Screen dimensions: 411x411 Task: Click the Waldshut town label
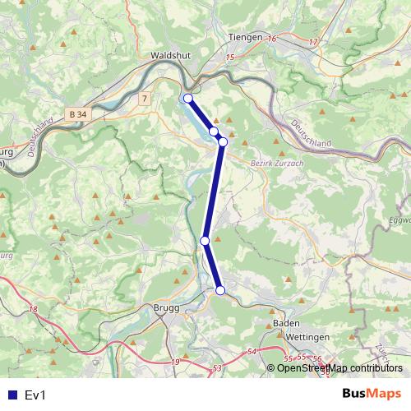[171, 56]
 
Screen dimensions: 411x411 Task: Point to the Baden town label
[286, 324]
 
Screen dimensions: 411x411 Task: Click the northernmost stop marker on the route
[187, 99]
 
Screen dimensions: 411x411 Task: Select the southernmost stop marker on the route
[220, 289]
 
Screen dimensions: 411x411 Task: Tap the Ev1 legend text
[35, 395]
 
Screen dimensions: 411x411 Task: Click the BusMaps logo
[372, 395]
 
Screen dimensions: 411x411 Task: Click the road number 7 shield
[145, 99]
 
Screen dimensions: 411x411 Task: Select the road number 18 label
[33, 309]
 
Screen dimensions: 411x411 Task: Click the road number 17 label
[313, 41]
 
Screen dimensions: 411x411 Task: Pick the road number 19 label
[175, 362]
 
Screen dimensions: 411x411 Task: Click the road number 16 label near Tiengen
[272, 39]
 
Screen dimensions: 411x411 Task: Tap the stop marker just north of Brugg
[205, 240]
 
